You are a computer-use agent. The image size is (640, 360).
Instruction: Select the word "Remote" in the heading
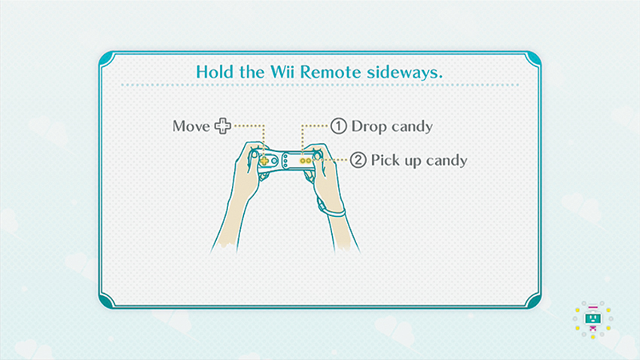331,72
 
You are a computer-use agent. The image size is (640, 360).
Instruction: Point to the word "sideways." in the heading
404,73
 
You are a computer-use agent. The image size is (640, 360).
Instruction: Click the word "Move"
191,126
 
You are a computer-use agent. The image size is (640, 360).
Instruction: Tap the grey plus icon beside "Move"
223,126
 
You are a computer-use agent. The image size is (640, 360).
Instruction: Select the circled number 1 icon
338,126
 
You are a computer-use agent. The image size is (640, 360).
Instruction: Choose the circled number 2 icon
358,160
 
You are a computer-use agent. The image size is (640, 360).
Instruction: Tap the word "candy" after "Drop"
412,127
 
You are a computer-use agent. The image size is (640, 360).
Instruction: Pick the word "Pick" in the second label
386,160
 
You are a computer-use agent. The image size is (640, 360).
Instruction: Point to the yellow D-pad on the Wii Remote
264,161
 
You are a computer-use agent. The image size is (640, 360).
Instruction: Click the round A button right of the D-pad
274,161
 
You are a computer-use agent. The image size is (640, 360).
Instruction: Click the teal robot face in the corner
593,318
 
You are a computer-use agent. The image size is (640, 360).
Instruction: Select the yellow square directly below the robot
593,337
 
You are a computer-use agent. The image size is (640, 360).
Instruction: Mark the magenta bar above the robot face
593,307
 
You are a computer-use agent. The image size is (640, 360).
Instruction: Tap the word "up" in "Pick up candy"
413,162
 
